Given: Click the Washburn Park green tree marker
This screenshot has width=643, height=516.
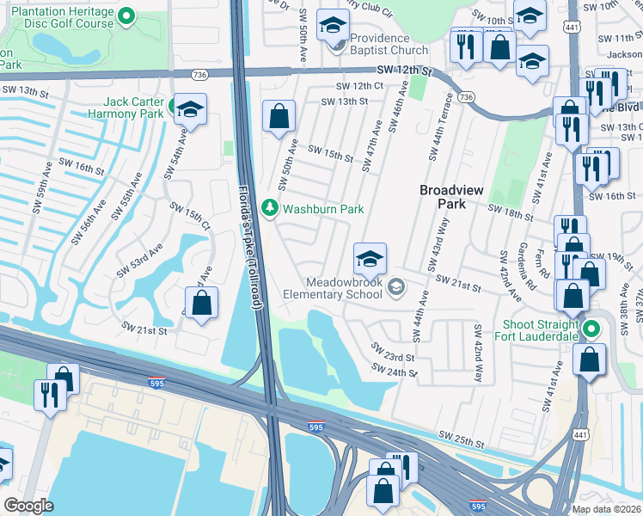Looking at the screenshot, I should pos(270,208).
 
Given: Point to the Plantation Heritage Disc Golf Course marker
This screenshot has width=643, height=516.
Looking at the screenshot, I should pos(127,15).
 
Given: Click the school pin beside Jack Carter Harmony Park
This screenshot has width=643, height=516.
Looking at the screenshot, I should pos(189,109).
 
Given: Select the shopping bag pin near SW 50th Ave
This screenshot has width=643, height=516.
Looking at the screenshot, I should pos(279,116).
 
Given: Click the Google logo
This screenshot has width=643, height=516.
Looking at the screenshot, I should pos(29,506).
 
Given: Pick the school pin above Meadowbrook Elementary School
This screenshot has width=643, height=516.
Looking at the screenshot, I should pos(370,258).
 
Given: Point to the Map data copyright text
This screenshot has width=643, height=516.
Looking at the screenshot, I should pos(607,508).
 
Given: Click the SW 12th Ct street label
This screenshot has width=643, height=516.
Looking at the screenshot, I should pos(359,86).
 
